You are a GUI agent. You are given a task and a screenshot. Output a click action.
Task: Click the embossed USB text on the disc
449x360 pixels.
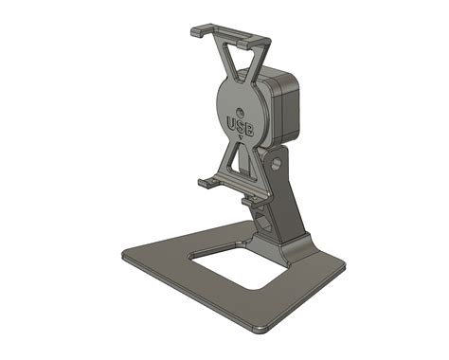click(242, 124)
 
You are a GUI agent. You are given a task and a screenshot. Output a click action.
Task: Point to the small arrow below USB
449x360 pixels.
click(242, 137)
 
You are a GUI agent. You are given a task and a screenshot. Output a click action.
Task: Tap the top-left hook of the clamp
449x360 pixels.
click(196, 32)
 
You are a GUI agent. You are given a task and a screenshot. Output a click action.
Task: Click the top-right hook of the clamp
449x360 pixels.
click(266, 42)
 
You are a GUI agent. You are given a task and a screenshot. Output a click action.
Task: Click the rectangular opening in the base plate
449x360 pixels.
click(237, 264)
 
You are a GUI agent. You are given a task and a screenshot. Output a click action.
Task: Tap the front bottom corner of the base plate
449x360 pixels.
click(260, 330)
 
